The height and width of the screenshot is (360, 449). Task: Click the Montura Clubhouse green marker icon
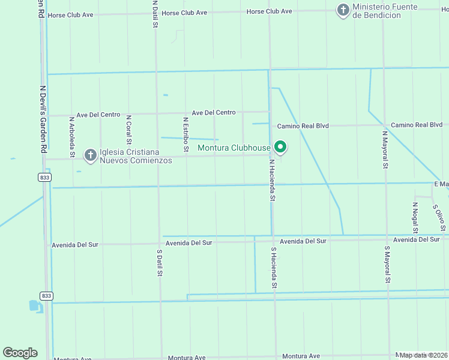pos(280,146)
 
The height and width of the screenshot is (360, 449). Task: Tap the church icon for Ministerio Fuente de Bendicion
pos(343,10)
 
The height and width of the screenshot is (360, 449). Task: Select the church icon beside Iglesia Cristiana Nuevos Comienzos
pos(91,156)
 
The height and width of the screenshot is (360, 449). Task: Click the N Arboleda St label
pos(71,137)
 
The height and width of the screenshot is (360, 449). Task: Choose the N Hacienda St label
pos(272,179)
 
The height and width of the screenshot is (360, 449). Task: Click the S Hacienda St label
pos(274,268)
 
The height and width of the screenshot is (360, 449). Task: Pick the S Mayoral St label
pos(388,264)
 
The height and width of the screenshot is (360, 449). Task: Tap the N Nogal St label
pos(415,217)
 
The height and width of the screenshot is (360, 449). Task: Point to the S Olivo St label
pos(439,217)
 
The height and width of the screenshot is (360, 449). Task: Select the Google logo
pos(20,353)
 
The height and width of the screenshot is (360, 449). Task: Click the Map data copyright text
pos(424,355)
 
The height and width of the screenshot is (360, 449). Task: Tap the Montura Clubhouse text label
pos(234,148)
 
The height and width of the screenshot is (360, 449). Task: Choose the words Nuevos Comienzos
pos(136,160)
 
